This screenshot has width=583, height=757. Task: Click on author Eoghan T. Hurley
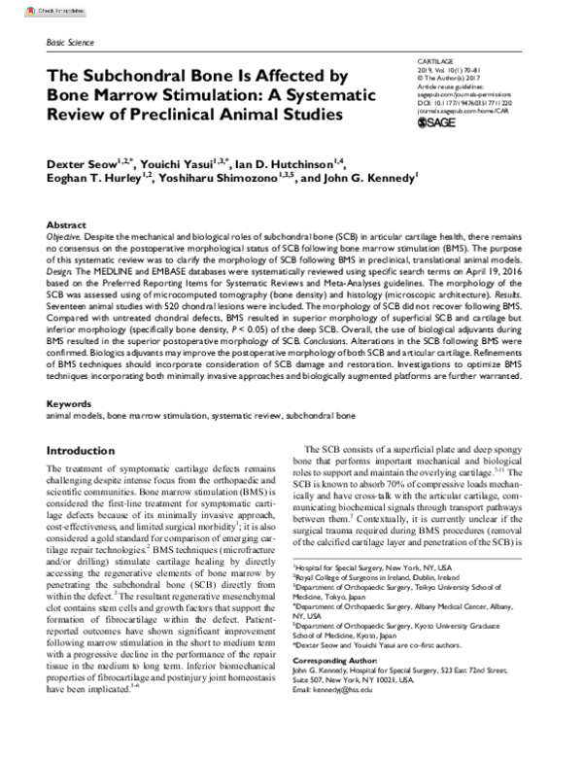click(92, 180)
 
